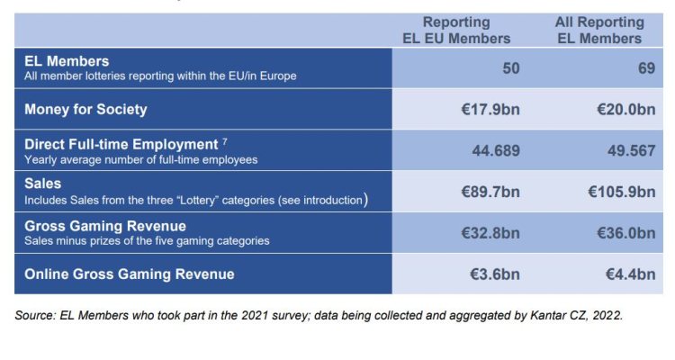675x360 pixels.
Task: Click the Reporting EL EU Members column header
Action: point(456,30)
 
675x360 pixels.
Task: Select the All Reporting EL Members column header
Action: point(599,30)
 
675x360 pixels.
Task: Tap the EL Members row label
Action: point(67,61)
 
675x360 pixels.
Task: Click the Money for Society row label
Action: point(85,110)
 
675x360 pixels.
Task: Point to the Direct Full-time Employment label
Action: point(121,144)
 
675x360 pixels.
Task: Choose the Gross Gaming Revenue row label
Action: point(105,226)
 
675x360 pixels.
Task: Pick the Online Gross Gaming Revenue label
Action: point(129,274)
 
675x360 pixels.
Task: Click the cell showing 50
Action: point(510,68)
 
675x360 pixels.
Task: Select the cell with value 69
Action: point(645,68)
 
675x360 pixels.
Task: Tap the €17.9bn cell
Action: point(490,110)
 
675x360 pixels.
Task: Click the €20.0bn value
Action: point(625,110)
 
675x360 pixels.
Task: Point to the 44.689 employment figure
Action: point(496,151)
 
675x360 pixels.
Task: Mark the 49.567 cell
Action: point(631,151)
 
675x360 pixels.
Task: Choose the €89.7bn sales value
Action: point(490,192)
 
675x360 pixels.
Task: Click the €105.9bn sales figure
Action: point(621,192)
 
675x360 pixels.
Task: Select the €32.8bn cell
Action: point(490,233)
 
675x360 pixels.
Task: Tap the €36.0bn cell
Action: point(625,233)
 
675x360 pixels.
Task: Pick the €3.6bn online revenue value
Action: point(494,274)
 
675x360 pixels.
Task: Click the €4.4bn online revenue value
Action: point(630,274)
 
